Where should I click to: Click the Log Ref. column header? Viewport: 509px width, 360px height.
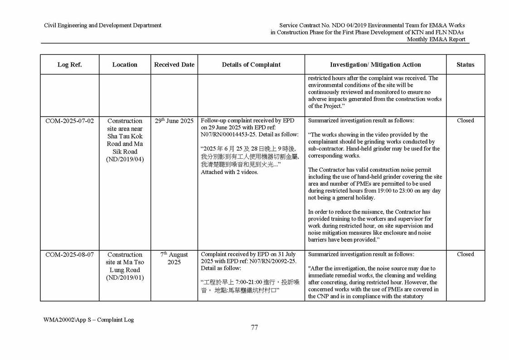pos(69,65)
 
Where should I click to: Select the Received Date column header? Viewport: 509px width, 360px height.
pos(174,65)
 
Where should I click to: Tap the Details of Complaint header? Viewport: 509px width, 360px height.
pos(251,65)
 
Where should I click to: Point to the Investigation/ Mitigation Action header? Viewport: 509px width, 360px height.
pos(375,65)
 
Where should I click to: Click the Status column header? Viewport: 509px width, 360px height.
pos(465,65)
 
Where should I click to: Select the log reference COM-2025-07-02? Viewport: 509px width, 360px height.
pos(69,121)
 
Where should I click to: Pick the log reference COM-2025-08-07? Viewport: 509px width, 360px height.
pos(69,255)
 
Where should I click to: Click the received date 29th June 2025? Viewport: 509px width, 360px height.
pos(174,121)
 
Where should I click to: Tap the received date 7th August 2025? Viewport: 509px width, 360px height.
pos(174,258)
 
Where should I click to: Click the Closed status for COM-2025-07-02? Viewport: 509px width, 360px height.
pos(465,121)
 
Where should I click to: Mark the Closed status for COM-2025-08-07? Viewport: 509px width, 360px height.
pos(465,254)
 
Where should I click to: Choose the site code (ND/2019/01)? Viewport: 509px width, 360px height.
pos(125,277)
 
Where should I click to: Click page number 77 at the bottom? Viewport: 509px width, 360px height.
pos(254,328)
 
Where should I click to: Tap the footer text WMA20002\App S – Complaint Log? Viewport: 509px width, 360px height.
pos(88,320)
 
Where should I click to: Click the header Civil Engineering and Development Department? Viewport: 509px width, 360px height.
pos(102,25)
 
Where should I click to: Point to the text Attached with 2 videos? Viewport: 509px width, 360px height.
pos(230,173)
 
